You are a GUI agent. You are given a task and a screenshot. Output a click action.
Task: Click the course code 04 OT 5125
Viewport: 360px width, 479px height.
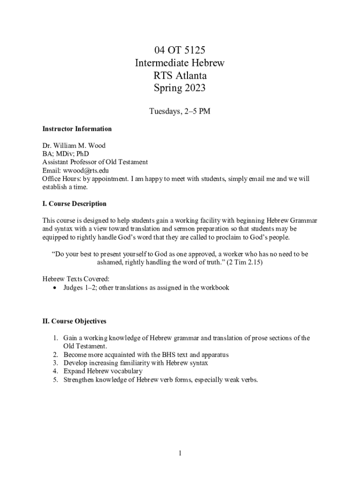coord(180,50)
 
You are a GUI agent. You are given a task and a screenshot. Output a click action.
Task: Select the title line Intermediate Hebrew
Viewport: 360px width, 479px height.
coord(180,63)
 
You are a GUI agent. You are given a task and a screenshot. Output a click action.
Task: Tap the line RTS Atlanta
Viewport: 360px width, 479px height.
coord(180,75)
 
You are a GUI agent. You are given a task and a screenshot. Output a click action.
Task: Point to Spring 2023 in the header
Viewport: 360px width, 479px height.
coord(180,88)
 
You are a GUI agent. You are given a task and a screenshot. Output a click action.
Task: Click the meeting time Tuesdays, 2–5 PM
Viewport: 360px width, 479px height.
coord(180,112)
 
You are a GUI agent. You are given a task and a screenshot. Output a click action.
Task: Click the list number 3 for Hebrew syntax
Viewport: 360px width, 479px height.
coord(55,363)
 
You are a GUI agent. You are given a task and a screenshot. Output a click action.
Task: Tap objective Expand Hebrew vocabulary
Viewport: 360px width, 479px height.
coord(103,371)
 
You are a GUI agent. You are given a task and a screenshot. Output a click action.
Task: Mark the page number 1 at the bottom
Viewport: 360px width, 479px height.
coord(180,453)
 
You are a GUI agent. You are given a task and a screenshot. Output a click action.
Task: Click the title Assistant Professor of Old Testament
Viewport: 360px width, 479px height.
coord(95,162)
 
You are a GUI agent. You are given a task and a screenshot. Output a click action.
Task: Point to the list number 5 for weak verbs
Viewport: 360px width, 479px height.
coord(55,380)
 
